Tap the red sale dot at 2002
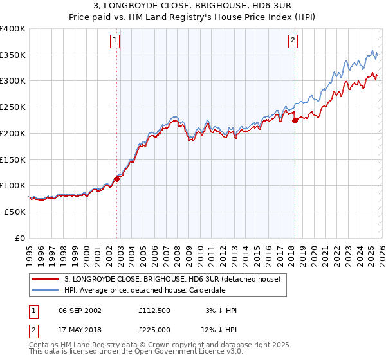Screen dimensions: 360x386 pyautogui.click(x=116, y=179)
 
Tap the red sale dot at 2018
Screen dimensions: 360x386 pyautogui.click(x=295, y=120)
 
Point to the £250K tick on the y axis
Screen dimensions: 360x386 pyautogui.click(x=13, y=107)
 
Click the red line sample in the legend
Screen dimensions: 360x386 pyautogui.click(x=46, y=280)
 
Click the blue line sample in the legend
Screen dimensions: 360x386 pyautogui.click(x=46, y=291)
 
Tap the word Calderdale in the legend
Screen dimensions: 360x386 pyautogui.click(x=208, y=291)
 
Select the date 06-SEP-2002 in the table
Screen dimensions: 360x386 pyautogui.click(x=80, y=310)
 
